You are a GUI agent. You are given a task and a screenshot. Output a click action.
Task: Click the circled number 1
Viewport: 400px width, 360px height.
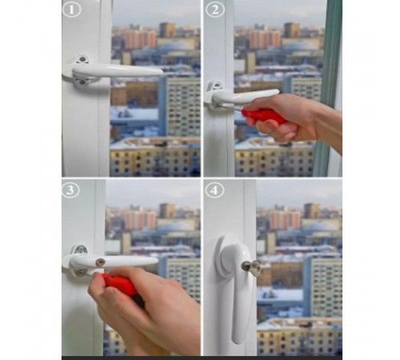tap(72, 10)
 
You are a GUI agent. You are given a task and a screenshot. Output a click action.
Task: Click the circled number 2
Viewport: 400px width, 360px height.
tap(214, 10)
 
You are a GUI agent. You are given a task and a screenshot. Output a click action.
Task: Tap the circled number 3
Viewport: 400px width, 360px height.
tap(70, 190)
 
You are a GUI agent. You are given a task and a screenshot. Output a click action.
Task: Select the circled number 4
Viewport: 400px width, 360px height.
tap(214, 190)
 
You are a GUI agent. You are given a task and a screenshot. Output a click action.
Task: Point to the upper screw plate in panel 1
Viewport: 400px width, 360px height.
tap(82, 59)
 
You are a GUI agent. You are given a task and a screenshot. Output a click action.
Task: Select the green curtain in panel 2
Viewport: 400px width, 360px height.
tap(327, 88)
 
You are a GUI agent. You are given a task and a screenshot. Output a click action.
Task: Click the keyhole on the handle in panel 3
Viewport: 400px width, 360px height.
tap(100, 262)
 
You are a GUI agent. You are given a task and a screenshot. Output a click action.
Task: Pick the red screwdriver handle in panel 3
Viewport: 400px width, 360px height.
tap(120, 284)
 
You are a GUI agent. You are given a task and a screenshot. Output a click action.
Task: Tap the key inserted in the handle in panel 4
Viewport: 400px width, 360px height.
tap(251, 266)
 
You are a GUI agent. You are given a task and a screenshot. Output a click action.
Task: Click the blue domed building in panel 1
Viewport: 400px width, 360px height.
tap(174, 49)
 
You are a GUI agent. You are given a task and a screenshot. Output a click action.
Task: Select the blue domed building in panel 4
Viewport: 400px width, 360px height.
tap(320, 230)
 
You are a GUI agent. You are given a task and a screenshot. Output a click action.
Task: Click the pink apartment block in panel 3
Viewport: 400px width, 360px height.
tap(140, 219)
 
